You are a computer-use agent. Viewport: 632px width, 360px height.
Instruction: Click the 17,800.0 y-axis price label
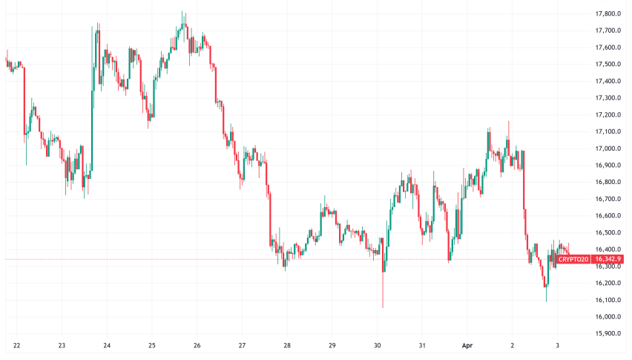608,14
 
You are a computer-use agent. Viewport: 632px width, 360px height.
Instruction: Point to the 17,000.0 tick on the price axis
608,148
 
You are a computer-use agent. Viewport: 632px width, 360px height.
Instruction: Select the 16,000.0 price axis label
608,317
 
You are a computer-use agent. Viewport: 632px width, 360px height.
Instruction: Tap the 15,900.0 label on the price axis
608,333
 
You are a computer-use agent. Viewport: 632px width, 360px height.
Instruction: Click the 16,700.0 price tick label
608,199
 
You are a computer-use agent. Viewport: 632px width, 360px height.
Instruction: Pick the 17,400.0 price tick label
608,81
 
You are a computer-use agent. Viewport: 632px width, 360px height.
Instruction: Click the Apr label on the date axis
467,346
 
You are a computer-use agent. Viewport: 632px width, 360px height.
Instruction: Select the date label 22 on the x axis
16,346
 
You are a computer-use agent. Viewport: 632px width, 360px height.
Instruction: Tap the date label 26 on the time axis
197,346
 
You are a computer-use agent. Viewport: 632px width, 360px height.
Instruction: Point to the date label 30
377,346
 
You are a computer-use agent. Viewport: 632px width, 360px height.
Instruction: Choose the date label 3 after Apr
557,346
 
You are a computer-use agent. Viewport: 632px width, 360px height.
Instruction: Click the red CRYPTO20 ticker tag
573,259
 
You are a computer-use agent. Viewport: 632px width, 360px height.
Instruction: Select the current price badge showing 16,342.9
608,259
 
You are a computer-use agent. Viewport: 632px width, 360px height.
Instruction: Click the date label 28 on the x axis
287,346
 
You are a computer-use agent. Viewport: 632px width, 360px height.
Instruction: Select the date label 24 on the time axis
107,346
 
